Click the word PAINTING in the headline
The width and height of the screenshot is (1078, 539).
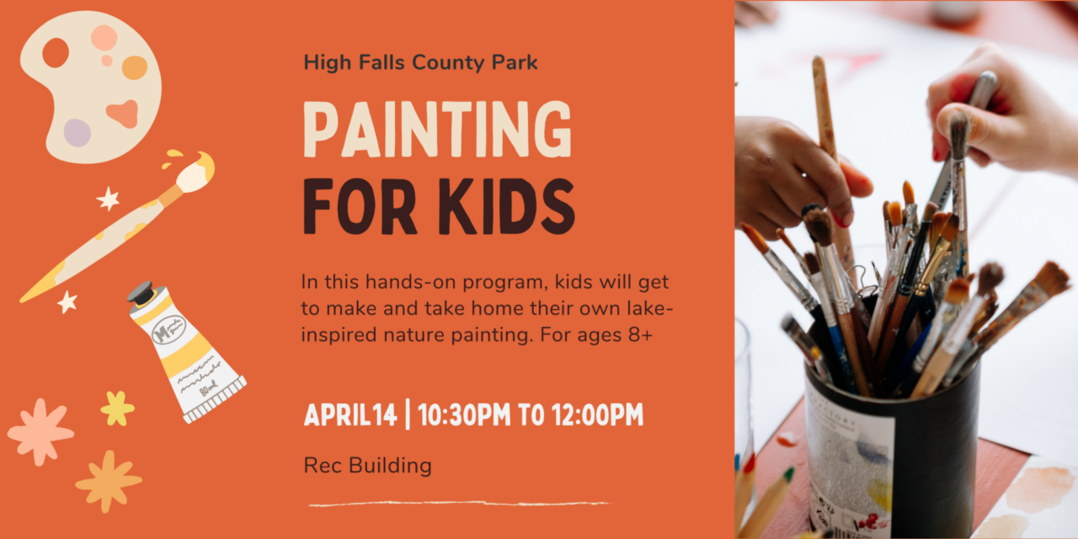coord(437,129)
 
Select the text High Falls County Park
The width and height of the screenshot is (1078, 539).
coord(420,62)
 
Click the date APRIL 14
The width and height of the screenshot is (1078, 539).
coord(350,415)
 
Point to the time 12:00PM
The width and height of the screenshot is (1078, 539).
coord(597,415)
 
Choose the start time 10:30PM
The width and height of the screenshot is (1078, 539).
coord(464,415)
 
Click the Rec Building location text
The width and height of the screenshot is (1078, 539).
coord(368,466)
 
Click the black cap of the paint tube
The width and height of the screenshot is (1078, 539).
coord(141,293)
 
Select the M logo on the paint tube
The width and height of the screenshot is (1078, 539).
coord(168,331)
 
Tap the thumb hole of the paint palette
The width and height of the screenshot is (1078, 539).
coord(56,52)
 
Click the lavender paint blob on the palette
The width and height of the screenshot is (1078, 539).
coord(77,133)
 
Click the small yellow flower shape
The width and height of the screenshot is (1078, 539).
coord(117,408)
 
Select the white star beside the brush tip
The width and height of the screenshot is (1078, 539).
coord(109,199)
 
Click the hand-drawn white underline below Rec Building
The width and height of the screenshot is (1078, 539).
coord(460,504)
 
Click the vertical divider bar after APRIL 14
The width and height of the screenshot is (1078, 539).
coord(408,414)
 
